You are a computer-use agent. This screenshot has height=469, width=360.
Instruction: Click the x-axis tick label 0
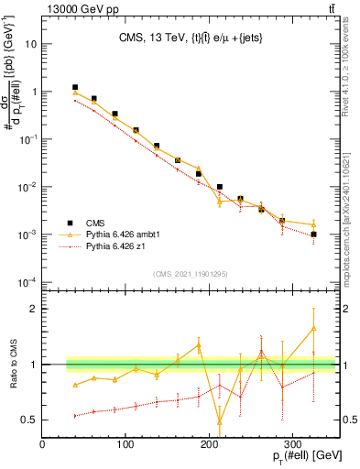click(x=43, y=444)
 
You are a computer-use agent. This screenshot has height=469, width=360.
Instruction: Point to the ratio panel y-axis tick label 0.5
click(x=28, y=420)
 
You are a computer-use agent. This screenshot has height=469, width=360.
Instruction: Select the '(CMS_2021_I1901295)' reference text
click(x=190, y=274)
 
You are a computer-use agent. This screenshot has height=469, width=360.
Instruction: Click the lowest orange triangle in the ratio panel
click(x=219, y=422)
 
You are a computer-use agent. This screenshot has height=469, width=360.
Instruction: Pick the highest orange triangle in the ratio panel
click(x=313, y=328)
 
